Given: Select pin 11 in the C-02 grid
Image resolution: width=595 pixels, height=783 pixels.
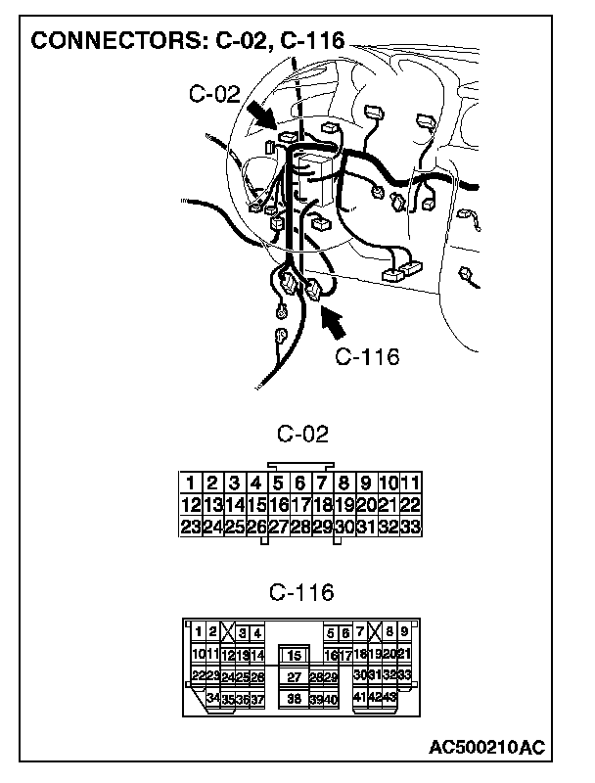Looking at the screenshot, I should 411,483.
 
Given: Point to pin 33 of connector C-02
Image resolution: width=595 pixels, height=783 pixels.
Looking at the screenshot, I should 411,528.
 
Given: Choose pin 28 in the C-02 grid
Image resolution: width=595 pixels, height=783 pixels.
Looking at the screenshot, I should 300,528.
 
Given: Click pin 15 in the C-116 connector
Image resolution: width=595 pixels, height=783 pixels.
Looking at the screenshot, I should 295,655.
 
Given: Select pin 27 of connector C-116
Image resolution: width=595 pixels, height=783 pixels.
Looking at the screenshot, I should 295,676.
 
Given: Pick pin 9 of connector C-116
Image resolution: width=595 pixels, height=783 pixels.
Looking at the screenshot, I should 403,632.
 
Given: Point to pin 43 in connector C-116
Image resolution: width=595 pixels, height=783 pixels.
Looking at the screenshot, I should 389,697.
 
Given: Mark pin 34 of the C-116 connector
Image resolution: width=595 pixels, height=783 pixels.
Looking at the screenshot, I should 213,697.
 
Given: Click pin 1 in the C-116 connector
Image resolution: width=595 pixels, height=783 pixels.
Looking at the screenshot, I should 198,632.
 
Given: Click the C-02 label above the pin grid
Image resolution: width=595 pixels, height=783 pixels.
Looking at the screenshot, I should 302,434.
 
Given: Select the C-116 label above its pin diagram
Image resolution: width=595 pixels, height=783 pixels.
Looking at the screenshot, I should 301,592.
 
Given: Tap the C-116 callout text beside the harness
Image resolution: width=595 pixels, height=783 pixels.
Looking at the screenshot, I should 367,356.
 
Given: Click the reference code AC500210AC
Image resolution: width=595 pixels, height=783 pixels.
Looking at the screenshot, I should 486,748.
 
